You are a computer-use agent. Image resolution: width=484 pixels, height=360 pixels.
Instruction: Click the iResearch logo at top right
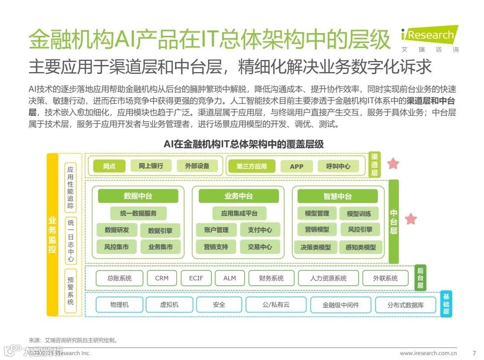pos(429,35)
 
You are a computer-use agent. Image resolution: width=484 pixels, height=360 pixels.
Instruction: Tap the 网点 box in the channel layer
pos(109,166)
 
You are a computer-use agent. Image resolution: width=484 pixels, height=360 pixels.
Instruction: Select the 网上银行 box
pos(150,166)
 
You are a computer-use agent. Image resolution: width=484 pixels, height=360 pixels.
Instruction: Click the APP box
pos(296,167)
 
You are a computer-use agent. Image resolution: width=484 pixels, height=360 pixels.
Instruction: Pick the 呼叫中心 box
pos(338,167)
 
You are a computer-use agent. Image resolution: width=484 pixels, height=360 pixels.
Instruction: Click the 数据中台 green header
pos(138,196)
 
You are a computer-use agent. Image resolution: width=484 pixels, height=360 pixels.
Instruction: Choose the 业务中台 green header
pos(238,196)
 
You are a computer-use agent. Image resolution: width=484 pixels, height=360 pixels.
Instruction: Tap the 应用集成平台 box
pos(239,213)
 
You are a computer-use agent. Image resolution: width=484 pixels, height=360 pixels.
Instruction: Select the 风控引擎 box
pos(359,230)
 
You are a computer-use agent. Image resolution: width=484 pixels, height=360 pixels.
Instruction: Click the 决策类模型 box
pos(316,247)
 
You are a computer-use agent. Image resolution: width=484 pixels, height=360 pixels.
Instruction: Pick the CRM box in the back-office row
pos(162,278)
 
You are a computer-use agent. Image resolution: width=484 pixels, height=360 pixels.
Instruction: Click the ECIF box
pos(196,278)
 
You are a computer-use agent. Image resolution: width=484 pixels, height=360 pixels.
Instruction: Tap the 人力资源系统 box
pos(328,278)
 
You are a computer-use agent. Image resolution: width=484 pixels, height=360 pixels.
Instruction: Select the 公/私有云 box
pos(276,305)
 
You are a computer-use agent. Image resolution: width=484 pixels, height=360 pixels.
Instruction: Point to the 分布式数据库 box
pos(405,305)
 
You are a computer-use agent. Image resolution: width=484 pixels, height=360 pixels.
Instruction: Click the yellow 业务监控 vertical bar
pos(52,235)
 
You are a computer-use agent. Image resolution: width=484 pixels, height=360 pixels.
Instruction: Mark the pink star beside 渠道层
pos(393,164)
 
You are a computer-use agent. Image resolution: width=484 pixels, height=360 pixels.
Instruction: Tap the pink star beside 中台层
pos(411,219)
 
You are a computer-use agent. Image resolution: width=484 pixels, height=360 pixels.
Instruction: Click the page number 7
pos(474,353)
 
